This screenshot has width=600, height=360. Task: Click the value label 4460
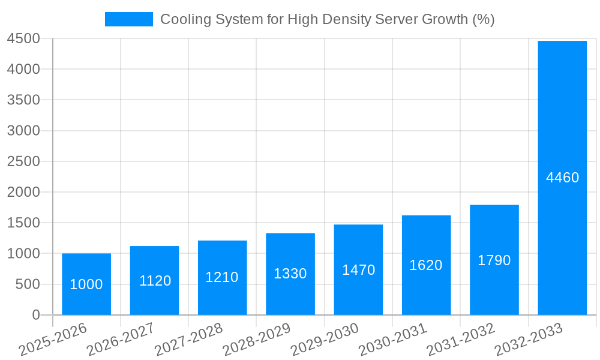point(562,178)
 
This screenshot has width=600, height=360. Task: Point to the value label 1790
point(494,260)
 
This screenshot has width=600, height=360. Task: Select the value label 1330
point(290,274)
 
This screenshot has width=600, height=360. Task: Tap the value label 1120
point(155,281)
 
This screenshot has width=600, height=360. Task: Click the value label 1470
point(358,270)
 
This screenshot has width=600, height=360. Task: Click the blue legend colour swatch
point(128,19)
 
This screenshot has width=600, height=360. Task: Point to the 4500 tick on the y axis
point(24,39)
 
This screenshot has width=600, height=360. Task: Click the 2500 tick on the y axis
point(24,161)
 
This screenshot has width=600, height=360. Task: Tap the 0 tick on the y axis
point(35,315)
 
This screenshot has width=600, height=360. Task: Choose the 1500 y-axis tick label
point(24,223)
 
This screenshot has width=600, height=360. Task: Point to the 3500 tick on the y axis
point(24,100)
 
